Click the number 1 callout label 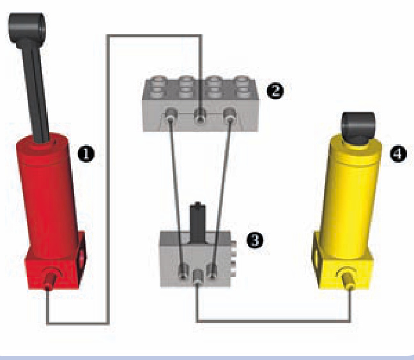86,154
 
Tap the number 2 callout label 275,91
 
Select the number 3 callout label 255,240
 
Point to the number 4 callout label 398,154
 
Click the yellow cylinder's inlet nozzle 349,280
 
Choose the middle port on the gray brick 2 201,116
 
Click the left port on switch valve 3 183,271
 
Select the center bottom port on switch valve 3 198,277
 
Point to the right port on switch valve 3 212,271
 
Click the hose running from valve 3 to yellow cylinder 273,321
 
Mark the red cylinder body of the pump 47,195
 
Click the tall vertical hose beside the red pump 107,179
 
